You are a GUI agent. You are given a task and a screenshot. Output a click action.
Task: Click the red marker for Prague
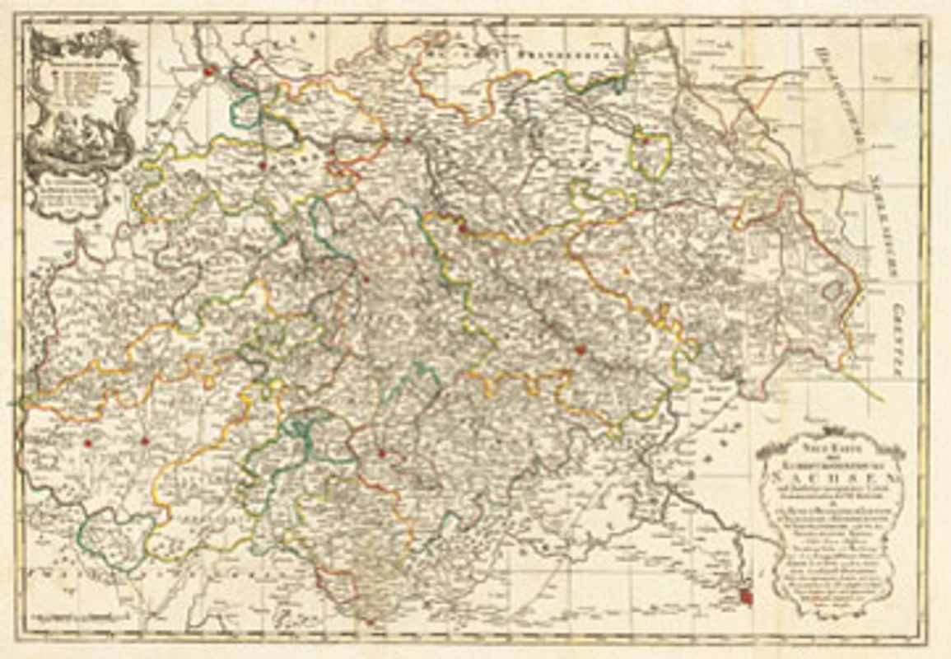coord(747,595)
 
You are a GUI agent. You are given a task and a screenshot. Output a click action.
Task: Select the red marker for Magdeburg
coord(209,72)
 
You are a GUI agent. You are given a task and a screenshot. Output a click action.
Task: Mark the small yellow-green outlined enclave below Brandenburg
coord(650,154)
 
